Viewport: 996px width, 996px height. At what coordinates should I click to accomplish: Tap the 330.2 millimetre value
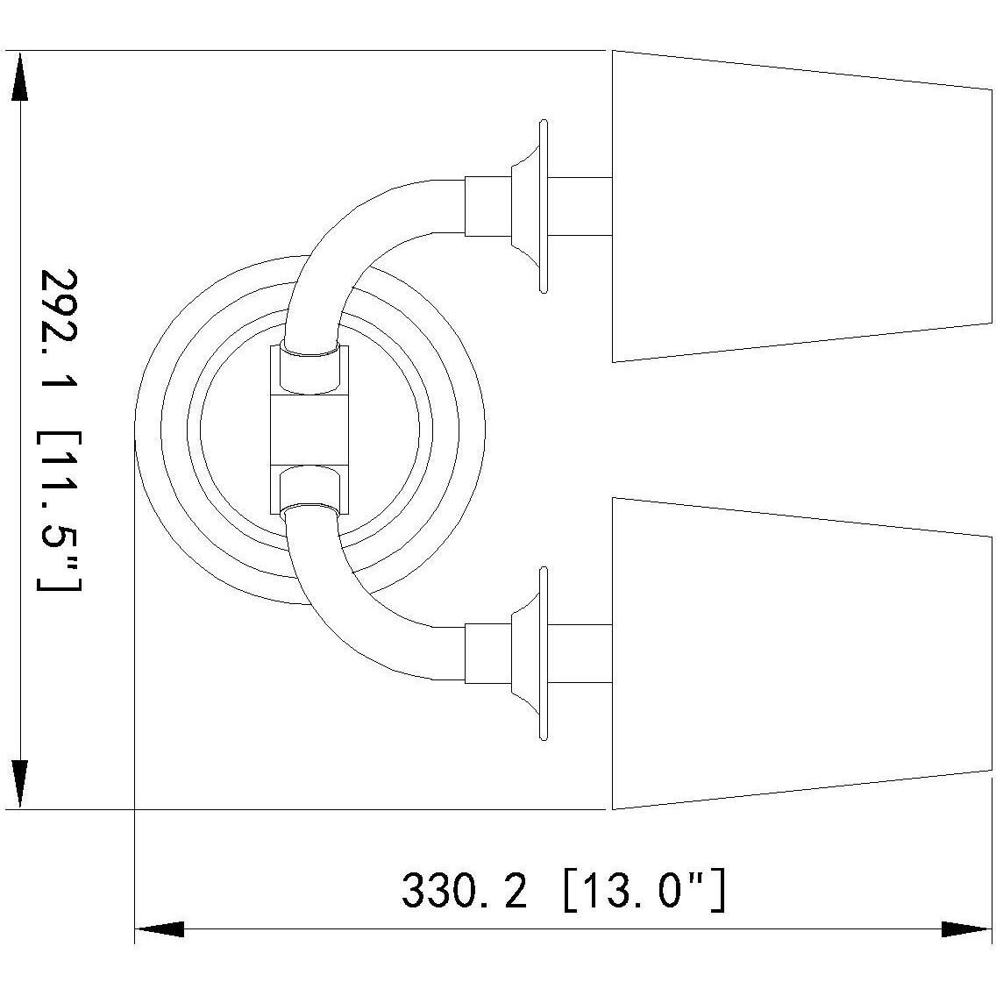point(465,892)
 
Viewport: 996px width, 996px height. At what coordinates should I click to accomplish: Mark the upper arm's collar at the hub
point(309,368)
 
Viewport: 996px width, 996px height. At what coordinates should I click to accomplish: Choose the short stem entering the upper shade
point(579,206)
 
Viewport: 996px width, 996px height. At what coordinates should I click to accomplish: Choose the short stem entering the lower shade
point(579,653)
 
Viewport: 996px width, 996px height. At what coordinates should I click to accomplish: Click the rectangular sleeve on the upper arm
point(487,206)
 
